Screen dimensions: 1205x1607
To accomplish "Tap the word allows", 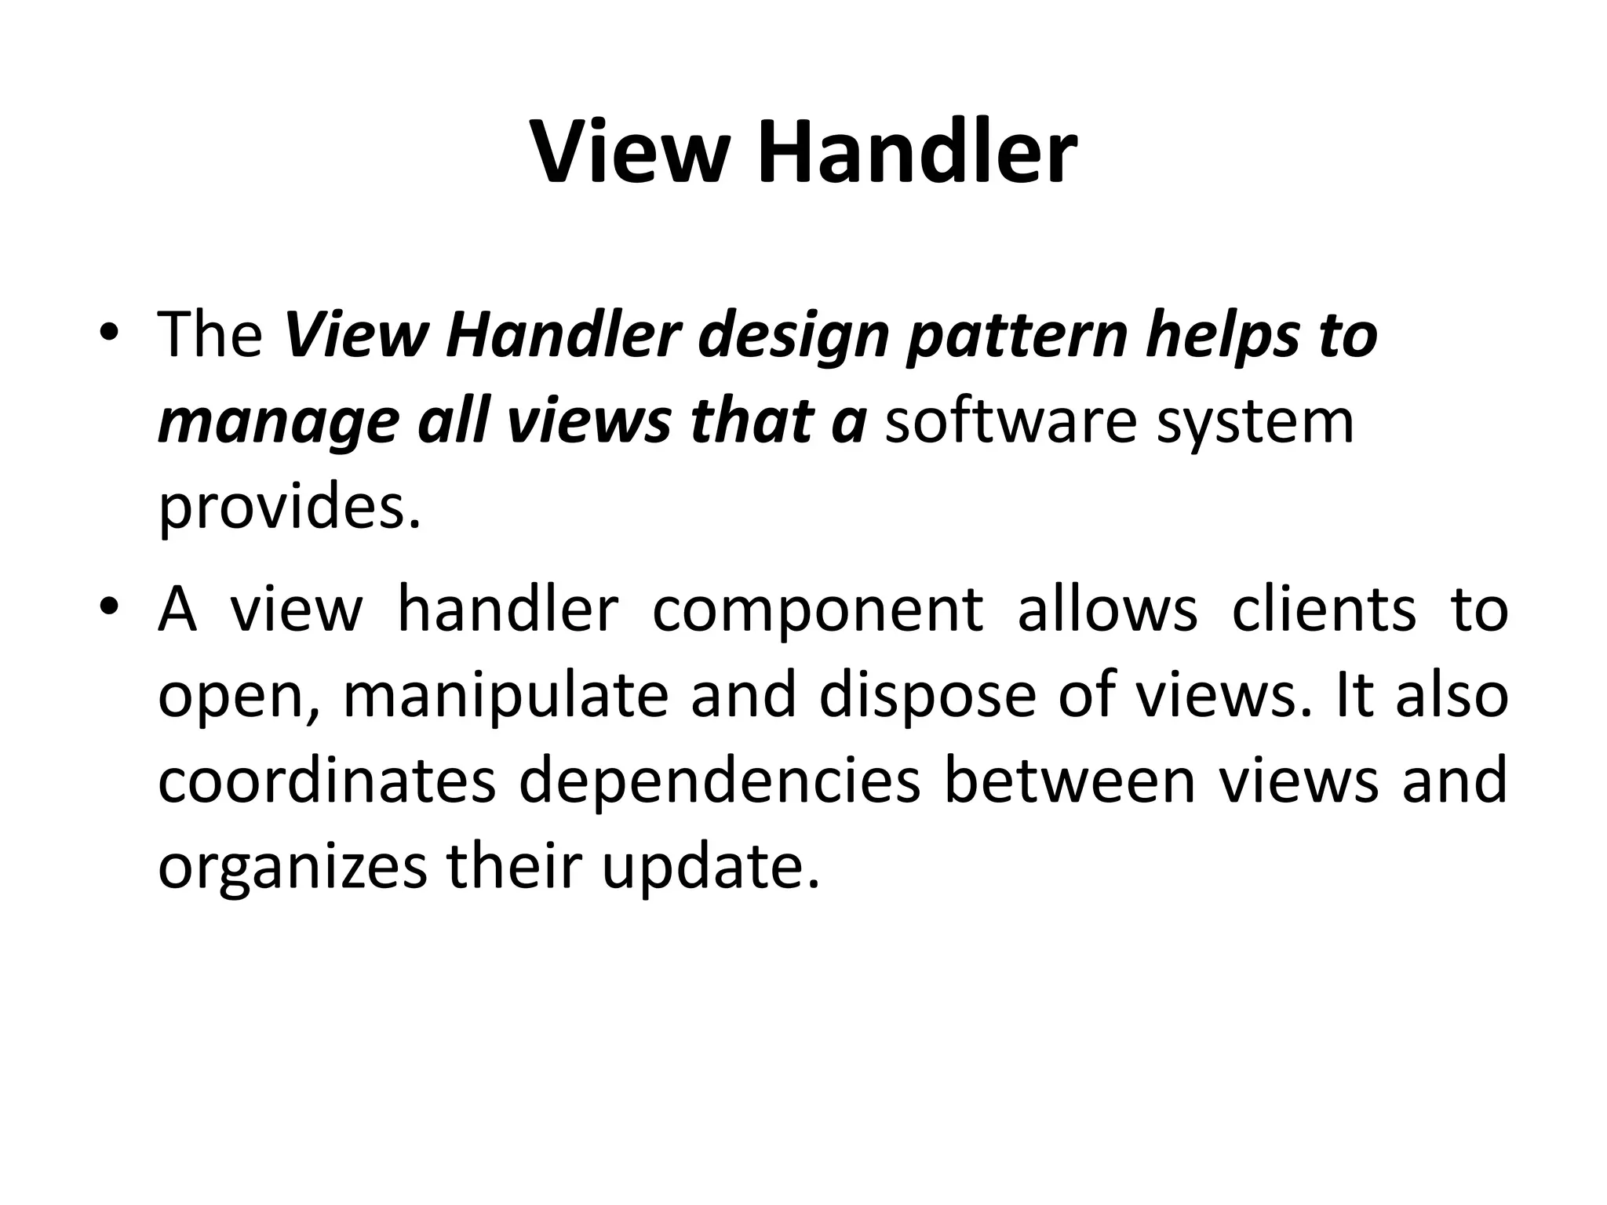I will [x=1107, y=610].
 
